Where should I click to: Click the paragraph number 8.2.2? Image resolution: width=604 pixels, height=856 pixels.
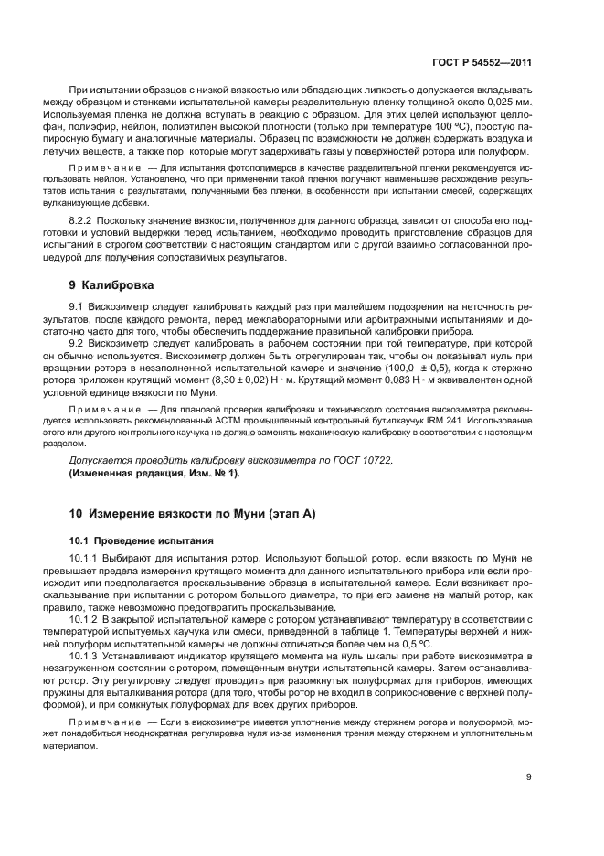[x=85, y=222]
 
